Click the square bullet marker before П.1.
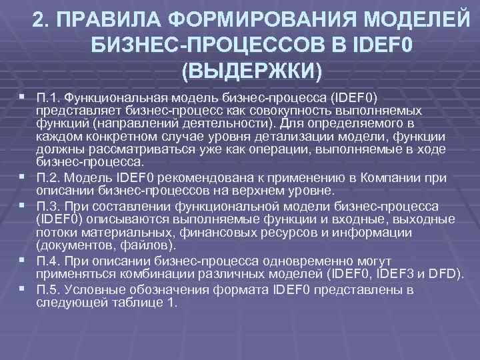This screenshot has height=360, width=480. tap(25, 98)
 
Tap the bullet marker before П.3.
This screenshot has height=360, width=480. tap(25, 205)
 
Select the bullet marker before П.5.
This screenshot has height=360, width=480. tap(25, 289)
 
